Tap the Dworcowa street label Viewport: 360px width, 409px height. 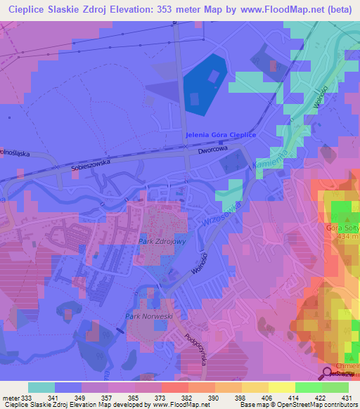[213, 150]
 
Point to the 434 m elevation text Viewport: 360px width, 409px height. [348, 237]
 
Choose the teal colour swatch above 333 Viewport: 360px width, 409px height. [41, 387]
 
